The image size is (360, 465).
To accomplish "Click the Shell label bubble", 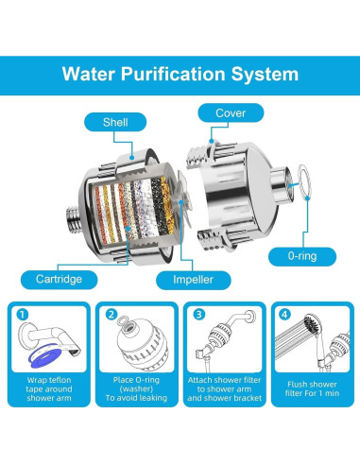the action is (115, 122).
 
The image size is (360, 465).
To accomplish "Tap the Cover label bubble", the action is (231, 112).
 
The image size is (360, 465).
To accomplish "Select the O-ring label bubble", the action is (302, 256).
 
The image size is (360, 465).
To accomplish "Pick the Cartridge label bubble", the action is (59, 279).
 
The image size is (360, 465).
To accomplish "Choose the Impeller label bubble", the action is (193, 280).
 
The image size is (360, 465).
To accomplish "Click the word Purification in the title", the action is (173, 75).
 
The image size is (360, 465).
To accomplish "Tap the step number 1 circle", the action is (23, 315).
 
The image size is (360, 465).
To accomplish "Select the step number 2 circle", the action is (111, 315).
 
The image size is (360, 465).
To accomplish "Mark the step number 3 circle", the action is (198, 315).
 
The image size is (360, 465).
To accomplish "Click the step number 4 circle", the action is (284, 315).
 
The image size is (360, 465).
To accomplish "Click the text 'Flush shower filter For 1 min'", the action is (312, 388).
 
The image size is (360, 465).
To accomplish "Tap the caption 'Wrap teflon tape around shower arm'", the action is (49, 389).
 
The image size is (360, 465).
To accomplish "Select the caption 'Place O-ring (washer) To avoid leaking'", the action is (136, 389).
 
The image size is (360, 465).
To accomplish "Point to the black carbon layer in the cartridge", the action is (158, 206).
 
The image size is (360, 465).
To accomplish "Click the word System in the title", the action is (265, 75).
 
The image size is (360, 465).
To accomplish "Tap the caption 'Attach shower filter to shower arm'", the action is (225, 385).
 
